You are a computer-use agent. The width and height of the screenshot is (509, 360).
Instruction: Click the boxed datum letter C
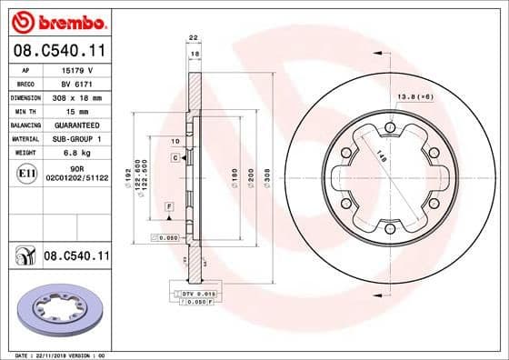(174, 158)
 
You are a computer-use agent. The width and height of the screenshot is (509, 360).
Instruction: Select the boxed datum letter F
(168, 208)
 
